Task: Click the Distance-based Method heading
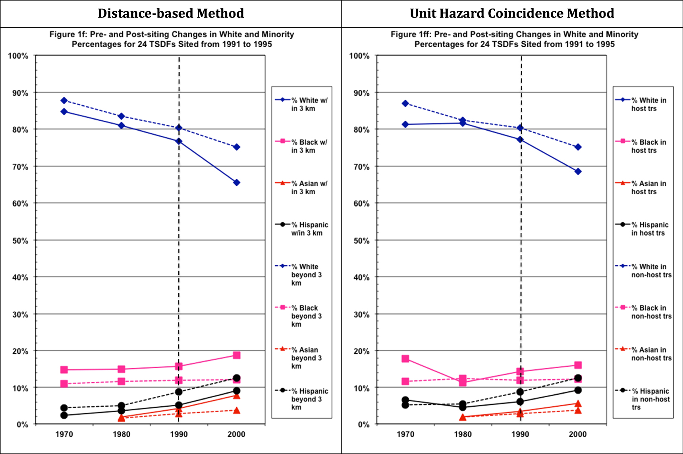(171, 14)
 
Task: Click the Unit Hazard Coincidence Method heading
(512, 14)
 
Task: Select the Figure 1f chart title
(172, 39)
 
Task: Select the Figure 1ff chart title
(514, 39)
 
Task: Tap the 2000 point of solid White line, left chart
(236, 183)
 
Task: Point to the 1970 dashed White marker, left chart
(64, 100)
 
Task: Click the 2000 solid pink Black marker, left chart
(236, 355)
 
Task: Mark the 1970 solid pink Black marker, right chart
(405, 359)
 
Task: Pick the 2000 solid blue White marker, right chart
(578, 172)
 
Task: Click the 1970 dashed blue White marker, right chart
(405, 103)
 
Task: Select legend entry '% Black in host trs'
(643, 146)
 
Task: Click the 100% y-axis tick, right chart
(359, 56)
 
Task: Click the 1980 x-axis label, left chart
(121, 434)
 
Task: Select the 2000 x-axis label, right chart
(577, 434)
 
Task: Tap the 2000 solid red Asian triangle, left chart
(236, 395)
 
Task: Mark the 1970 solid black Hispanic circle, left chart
(64, 415)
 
